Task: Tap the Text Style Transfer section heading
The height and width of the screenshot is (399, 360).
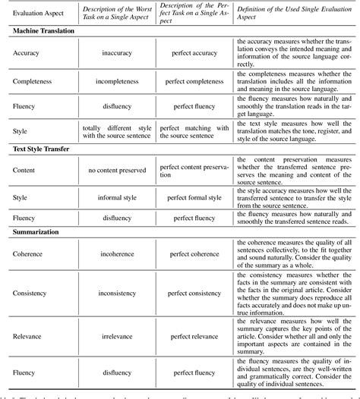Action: pyautogui.click(x=43, y=149)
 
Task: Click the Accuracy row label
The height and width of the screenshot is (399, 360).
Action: pyautogui.click(x=29, y=54)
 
